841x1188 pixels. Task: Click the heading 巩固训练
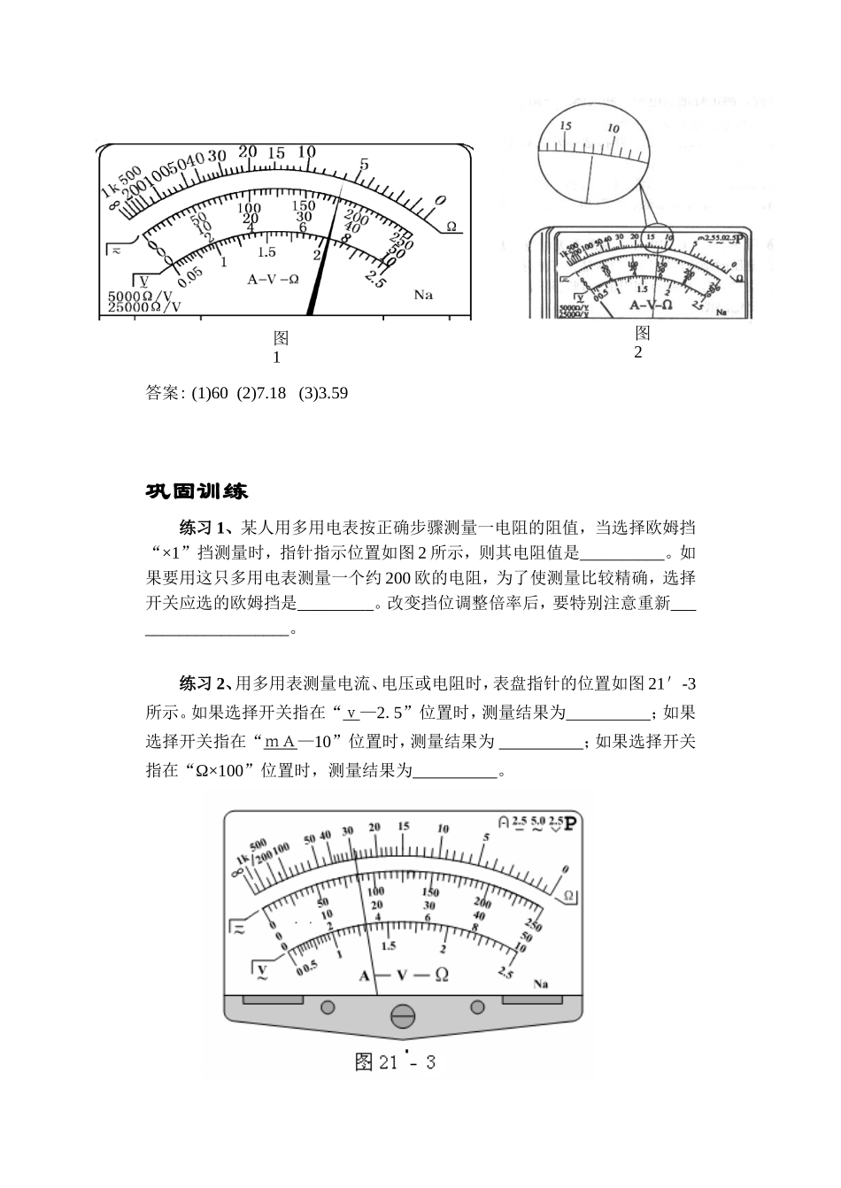click(x=197, y=490)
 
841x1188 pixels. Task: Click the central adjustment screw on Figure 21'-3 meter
click(x=403, y=1015)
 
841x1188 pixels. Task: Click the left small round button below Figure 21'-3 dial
click(x=328, y=1007)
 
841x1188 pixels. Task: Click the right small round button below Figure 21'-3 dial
click(x=477, y=1007)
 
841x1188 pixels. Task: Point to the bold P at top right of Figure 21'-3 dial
click(x=571, y=823)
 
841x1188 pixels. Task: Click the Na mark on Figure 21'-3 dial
click(x=541, y=984)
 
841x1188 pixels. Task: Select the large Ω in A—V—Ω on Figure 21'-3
click(x=440, y=975)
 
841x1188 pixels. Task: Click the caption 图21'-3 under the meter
click(x=395, y=1062)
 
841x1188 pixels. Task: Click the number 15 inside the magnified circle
click(x=566, y=126)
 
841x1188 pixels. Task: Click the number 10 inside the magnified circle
click(x=613, y=128)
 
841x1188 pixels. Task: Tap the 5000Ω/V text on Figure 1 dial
click(x=141, y=295)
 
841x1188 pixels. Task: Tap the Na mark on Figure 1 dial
click(x=423, y=294)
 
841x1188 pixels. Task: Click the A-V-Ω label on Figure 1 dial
click(x=273, y=279)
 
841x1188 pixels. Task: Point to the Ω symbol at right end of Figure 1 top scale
click(x=451, y=227)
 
